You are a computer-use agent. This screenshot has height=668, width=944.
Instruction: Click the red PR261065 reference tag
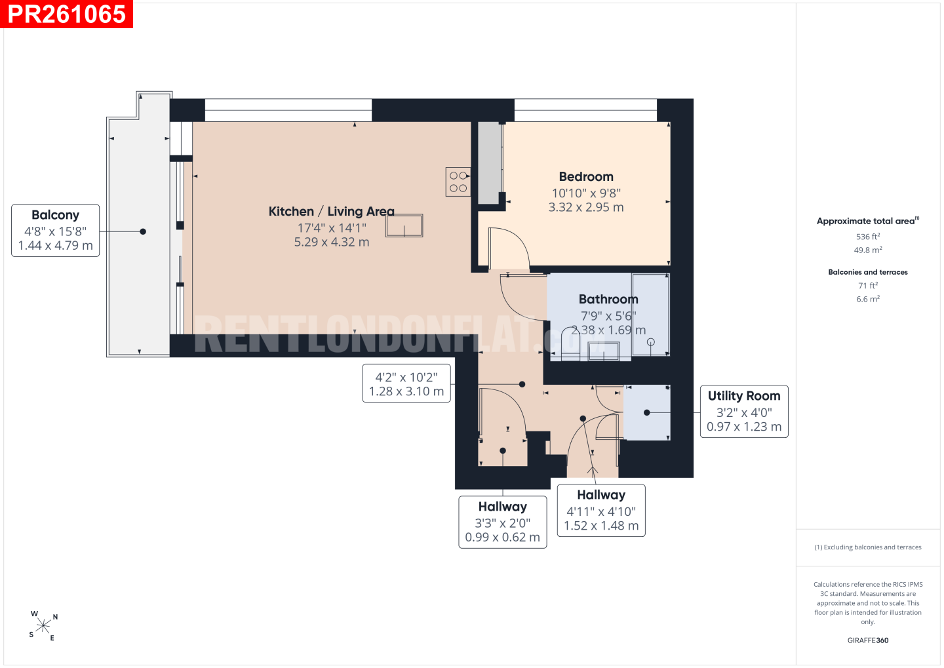tap(67, 14)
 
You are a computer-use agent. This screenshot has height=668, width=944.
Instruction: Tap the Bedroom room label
tap(586, 176)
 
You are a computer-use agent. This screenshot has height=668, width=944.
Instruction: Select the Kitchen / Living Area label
tap(332, 211)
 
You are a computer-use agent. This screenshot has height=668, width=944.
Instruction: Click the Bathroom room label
tap(608, 299)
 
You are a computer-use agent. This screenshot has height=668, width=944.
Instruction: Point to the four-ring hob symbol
tap(458, 182)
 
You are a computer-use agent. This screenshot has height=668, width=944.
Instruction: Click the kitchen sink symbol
tap(404, 226)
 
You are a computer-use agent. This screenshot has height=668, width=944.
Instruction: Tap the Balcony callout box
tap(55, 231)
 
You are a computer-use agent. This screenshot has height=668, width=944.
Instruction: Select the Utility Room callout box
tap(744, 411)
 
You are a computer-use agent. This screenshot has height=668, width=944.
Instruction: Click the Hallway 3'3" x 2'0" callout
tap(503, 522)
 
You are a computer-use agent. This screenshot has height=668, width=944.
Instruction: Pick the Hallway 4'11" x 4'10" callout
tap(601, 511)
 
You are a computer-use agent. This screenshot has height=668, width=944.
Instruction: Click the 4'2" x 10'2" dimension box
tap(406, 383)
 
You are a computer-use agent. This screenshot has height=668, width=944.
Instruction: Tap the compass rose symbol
tap(43, 626)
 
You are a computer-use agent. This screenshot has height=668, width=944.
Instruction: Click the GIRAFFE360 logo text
tap(868, 640)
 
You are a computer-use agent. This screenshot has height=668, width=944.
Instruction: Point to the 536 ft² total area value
tap(868, 237)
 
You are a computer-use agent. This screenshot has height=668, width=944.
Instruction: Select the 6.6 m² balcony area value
tap(868, 299)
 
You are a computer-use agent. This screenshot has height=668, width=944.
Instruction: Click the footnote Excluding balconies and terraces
tap(868, 547)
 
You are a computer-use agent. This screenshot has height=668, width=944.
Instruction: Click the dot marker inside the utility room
tap(647, 412)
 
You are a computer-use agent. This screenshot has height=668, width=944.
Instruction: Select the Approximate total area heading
tap(868, 221)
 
